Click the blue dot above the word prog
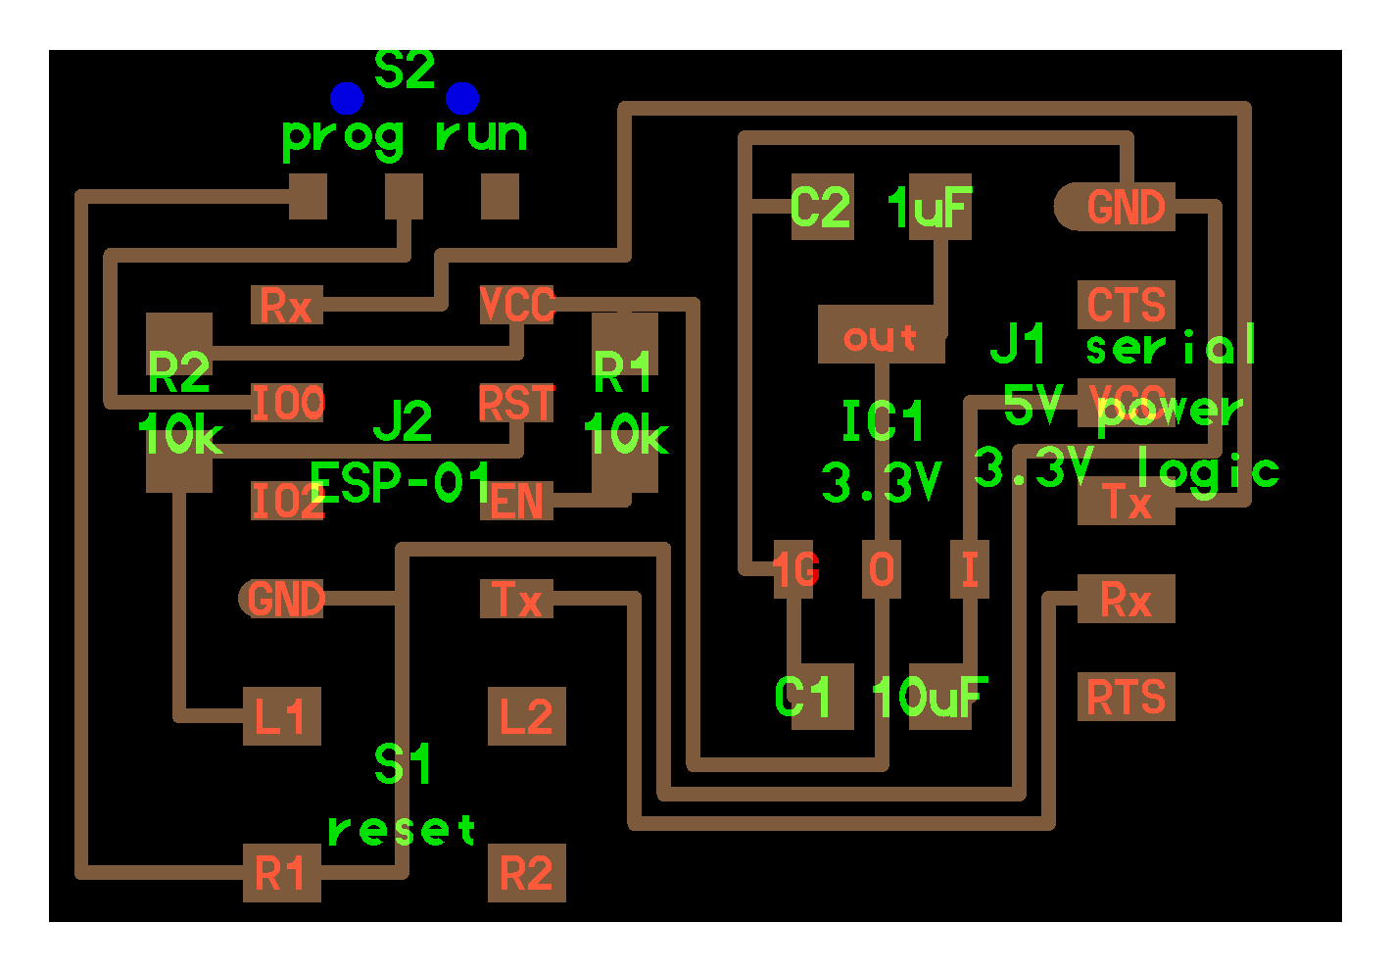tap(347, 98)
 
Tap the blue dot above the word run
tap(462, 98)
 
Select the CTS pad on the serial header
tap(1126, 305)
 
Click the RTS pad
tap(1126, 697)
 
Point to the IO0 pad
tap(287, 403)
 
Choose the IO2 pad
tap(285, 501)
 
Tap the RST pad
tap(516, 403)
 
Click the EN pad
tap(516, 501)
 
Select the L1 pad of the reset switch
tap(281, 716)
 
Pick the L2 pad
tap(526, 716)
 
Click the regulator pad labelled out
tap(881, 335)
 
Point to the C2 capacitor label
tap(821, 207)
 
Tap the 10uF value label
tap(930, 697)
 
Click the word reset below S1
tap(402, 830)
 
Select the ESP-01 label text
tap(400, 481)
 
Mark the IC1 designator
tap(883, 422)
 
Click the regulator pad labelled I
tap(969, 568)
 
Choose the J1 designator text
tap(1019, 344)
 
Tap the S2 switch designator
tap(405, 70)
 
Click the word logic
tap(1208, 471)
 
